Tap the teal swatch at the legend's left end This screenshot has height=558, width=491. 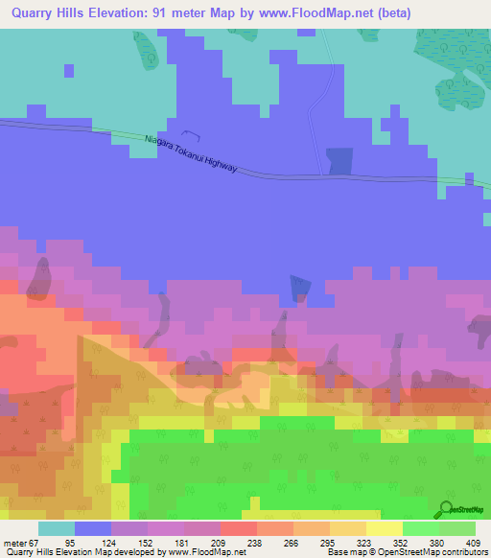click(x=57, y=528)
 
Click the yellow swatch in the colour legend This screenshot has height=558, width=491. click(x=384, y=528)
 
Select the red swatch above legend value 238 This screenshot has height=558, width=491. click(x=238, y=528)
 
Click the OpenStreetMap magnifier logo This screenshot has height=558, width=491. click(x=445, y=509)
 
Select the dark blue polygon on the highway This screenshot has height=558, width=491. click(x=339, y=161)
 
